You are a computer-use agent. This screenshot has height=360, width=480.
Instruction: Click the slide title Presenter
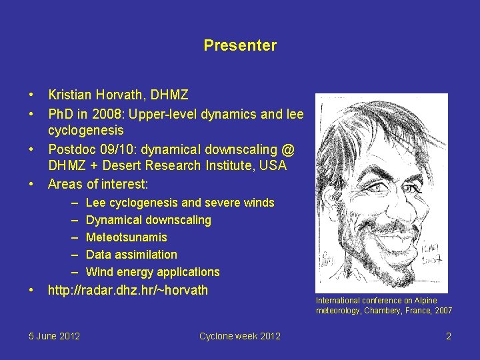(240, 46)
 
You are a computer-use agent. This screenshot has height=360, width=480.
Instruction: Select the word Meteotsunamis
(127, 237)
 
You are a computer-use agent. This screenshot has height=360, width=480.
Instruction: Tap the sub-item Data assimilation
(131, 255)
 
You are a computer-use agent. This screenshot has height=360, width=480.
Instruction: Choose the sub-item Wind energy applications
(153, 272)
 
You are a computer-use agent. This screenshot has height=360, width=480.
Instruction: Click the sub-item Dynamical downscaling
(148, 220)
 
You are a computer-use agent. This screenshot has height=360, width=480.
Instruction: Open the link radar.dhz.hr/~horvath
(128, 290)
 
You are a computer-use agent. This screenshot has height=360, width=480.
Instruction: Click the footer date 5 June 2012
(55, 336)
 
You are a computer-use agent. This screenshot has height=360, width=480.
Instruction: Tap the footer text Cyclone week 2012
(239, 336)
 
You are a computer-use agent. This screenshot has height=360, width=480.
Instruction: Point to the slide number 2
(449, 336)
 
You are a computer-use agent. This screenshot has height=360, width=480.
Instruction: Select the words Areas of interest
(98, 183)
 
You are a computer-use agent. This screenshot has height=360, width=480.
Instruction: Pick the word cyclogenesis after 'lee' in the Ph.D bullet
(86, 131)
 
